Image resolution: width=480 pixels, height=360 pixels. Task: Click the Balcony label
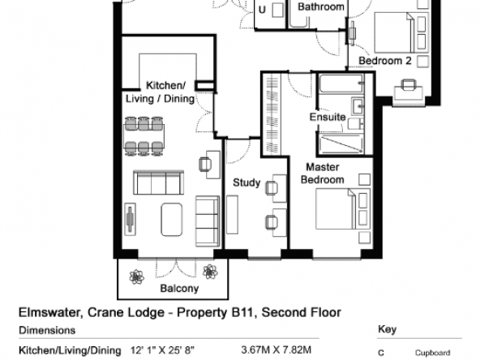179,289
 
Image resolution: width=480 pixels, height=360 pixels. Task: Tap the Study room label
246,182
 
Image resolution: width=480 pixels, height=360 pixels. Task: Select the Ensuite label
328,117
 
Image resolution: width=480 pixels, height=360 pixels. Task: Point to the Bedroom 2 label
385,61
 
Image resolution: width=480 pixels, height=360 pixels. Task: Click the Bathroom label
321,6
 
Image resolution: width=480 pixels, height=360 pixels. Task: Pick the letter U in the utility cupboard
262,10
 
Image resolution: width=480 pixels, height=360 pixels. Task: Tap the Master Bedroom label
323,174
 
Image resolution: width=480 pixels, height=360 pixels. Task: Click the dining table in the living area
144,136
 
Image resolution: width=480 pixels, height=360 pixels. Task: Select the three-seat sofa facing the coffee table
159,182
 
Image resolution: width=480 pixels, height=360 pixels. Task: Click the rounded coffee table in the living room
172,220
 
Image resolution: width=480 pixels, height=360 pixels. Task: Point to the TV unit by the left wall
130,219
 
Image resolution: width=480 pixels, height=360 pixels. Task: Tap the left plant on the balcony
136,276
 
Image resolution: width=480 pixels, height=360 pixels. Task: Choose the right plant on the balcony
210,272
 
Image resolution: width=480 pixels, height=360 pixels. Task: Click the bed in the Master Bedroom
343,209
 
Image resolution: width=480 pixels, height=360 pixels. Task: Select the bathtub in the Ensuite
341,84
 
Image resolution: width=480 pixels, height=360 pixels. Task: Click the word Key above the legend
388,329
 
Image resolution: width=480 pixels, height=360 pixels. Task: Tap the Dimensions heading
47,330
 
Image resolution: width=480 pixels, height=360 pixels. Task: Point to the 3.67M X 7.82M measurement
276,349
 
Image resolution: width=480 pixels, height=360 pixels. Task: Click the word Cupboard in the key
432,353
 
